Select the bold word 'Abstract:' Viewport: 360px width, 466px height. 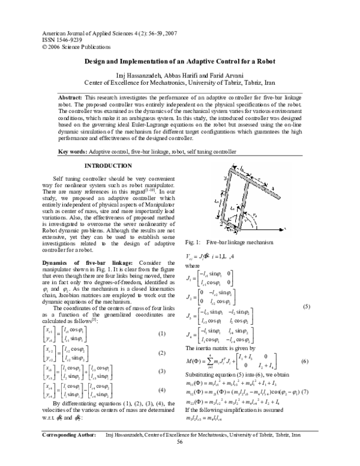(70, 97)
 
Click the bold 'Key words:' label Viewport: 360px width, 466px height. (72, 153)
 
